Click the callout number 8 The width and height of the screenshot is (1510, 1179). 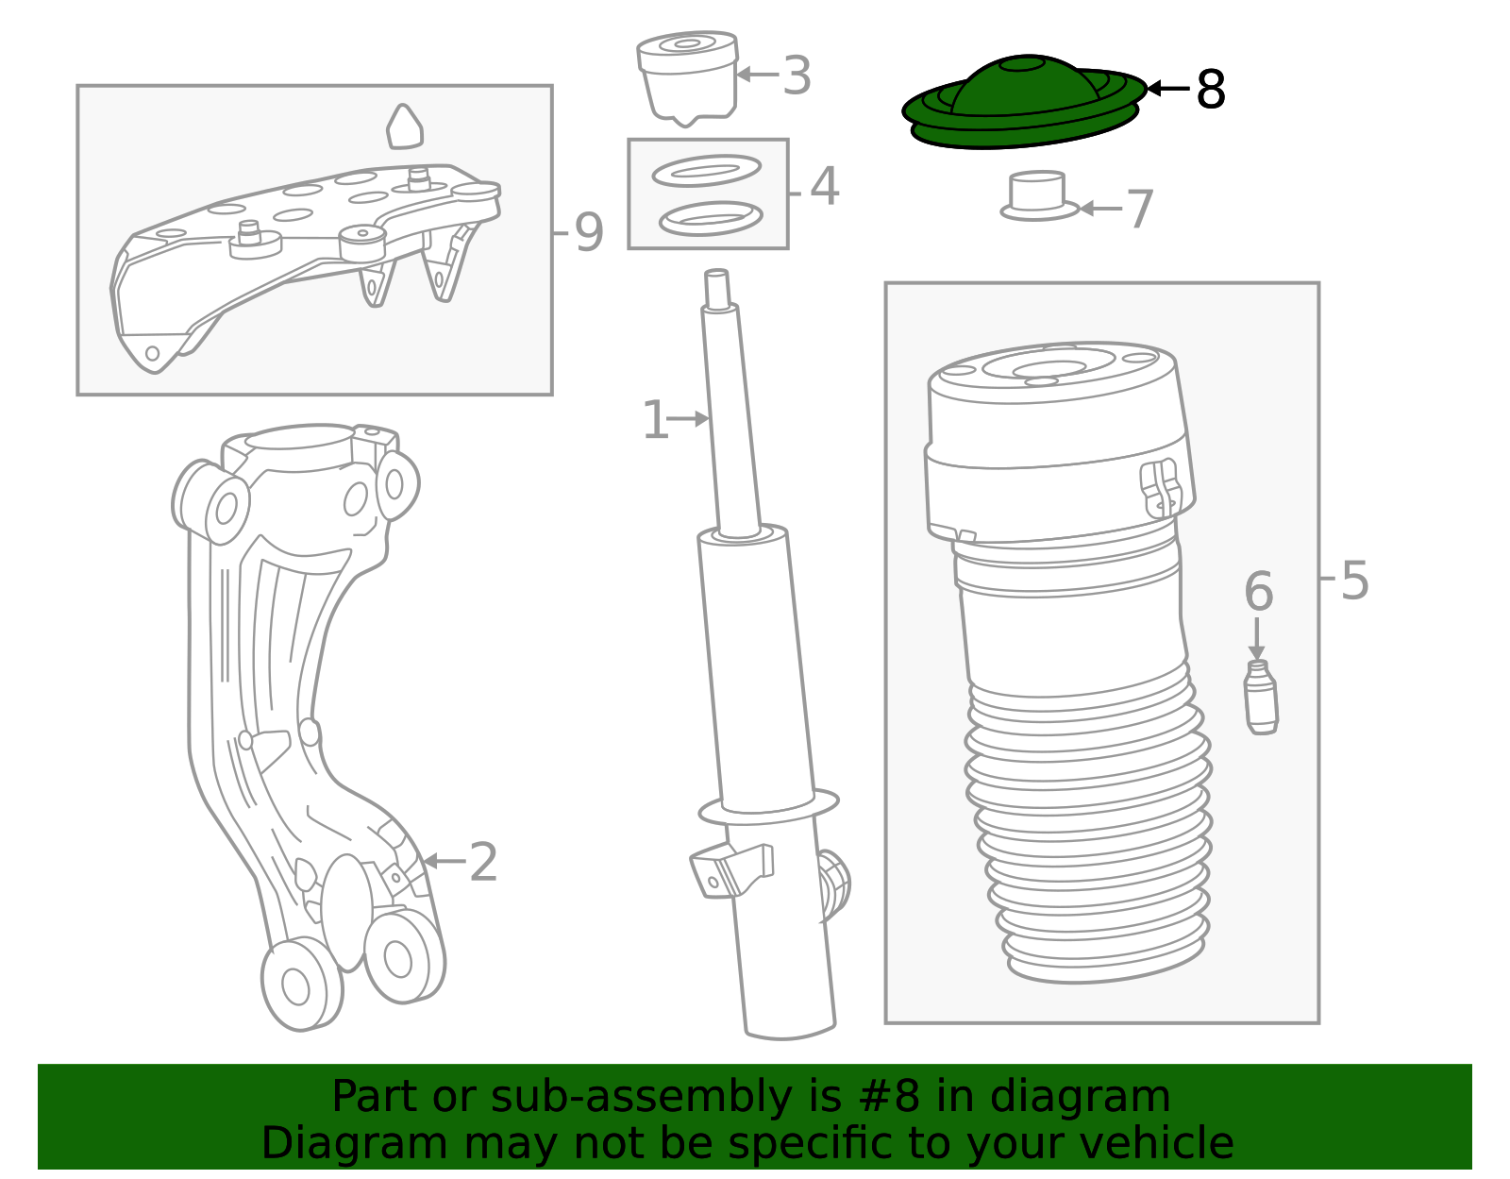(x=1211, y=90)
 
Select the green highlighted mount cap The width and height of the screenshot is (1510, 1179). (x=1024, y=102)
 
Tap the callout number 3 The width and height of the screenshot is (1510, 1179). (x=797, y=75)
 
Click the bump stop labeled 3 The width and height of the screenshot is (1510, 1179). (x=687, y=77)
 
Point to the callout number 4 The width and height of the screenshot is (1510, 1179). (x=825, y=186)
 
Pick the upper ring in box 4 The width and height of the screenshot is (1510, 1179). (x=707, y=171)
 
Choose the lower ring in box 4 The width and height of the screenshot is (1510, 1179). (x=711, y=219)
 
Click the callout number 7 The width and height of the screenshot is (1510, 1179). (x=1140, y=209)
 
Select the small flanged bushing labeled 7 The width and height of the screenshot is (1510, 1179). (x=1040, y=196)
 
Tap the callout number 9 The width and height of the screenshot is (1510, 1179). (x=589, y=233)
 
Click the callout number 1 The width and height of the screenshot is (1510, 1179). (x=655, y=420)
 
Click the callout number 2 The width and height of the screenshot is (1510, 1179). (x=483, y=862)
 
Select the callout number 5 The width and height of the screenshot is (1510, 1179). (x=1354, y=581)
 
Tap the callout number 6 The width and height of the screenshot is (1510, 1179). (x=1258, y=591)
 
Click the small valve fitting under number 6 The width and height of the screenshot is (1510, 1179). (x=1261, y=697)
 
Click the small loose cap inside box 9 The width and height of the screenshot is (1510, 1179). (x=405, y=127)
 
